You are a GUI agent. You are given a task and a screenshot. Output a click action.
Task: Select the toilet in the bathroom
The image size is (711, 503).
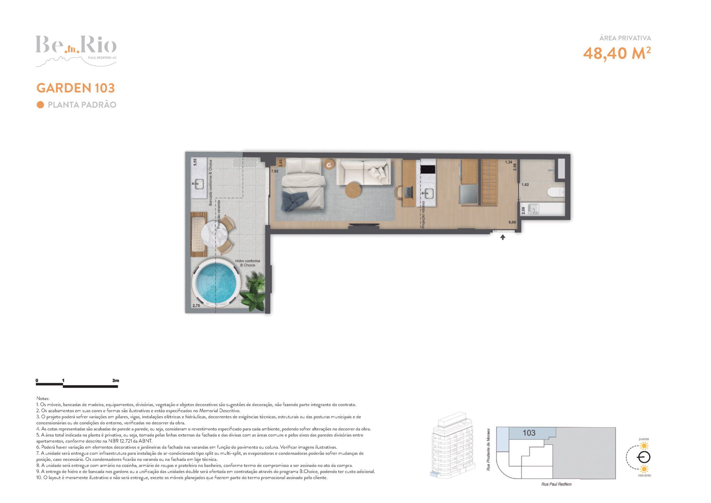tap(556, 192)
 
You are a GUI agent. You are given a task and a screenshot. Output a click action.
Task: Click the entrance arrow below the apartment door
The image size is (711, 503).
tap(502, 237)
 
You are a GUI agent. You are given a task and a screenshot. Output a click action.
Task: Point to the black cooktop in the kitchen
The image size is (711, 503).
tap(428, 169)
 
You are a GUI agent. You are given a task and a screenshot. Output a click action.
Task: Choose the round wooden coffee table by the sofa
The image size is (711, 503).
tap(353, 190)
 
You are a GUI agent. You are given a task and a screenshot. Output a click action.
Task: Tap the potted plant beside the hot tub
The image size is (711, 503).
tap(254, 292)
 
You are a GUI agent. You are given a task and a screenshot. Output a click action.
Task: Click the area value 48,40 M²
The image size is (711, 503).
tap(617, 53)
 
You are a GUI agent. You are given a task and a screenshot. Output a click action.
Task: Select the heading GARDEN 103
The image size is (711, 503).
tap(76, 88)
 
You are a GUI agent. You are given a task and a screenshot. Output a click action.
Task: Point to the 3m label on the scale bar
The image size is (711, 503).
tap(115, 380)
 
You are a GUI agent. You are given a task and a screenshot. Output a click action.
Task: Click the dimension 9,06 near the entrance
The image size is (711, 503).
tap(512, 222)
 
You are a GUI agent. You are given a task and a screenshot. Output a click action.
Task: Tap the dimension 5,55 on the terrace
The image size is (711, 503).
tap(195, 162)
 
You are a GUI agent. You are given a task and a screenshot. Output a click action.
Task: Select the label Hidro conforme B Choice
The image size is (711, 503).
tap(248, 263)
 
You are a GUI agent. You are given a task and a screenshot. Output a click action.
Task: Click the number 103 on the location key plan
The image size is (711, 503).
tap(529, 433)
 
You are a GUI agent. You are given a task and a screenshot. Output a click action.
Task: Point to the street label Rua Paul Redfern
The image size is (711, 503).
tap(556, 484)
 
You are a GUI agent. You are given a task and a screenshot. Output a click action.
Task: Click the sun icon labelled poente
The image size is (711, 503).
tap(644, 446)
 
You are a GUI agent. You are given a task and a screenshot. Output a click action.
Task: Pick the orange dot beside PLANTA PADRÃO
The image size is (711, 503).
tap(40, 105)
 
